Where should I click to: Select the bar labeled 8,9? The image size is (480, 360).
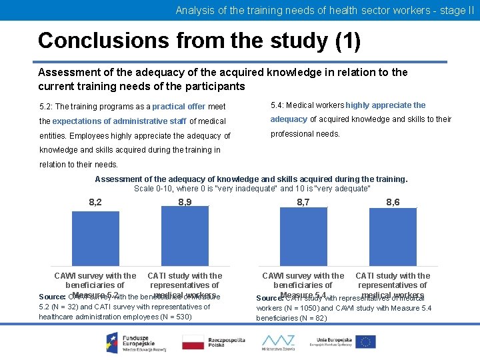pos(185,237)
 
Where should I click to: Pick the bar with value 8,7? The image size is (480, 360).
pos(303,237)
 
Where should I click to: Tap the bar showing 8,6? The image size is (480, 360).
pos(393,237)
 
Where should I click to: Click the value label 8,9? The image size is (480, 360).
pos(185,202)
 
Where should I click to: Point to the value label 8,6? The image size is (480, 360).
pos(393,202)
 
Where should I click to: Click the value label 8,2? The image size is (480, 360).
pos(95,202)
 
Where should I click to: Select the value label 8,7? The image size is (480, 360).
pos(303,202)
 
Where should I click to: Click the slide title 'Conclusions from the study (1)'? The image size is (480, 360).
pos(199,41)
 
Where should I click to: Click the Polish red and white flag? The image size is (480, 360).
pos(193,342)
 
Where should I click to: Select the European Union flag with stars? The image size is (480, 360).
pos(365,342)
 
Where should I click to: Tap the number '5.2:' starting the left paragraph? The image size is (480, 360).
pos(47,107)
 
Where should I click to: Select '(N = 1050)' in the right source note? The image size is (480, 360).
pos(299,308)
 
